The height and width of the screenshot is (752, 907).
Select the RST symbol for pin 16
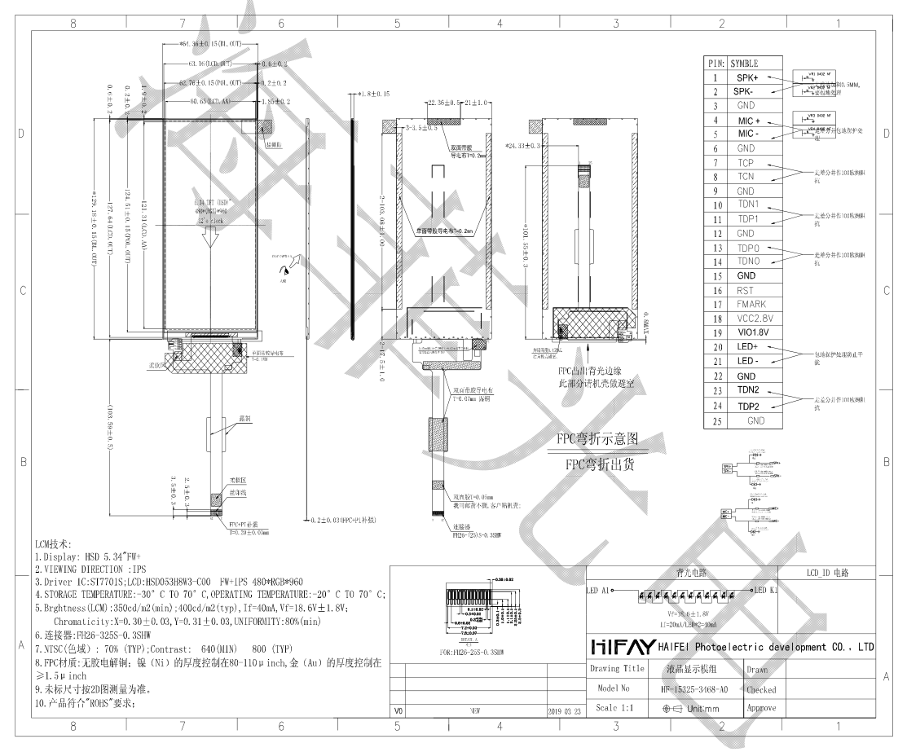pyautogui.click(x=744, y=289)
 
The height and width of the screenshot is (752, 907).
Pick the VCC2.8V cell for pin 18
pyautogui.click(x=748, y=319)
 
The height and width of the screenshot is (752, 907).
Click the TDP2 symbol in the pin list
pyautogui.click(x=749, y=406)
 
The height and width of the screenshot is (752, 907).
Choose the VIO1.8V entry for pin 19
pyautogui.click(x=748, y=333)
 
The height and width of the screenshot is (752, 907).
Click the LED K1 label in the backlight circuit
pyautogui.click(x=765, y=589)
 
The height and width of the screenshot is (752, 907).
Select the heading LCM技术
pyautogui.click(x=55, y=543)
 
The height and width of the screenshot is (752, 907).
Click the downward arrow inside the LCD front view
pyautogui.click(x=209, y=239)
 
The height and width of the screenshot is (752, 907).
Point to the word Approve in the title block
pyautogui.click(x=760, y=709)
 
